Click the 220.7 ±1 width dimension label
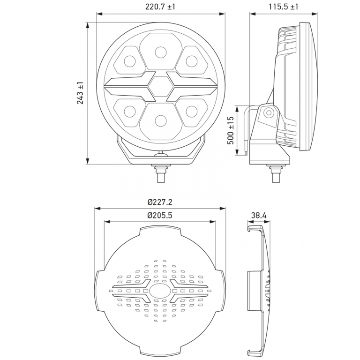click(x=160, y=7)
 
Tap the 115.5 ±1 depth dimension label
click(x=284, y=7)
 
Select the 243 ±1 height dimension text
click(x=80, y=93)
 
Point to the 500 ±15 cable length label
click(x=231, y=130)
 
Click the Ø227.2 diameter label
click(x=160, y=202)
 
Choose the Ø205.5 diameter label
click(x=160, y=215)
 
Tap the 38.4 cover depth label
click(x=259, y=215)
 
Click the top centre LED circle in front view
click(x=161, y=52)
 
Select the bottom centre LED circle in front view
click(x=161, y=120)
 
